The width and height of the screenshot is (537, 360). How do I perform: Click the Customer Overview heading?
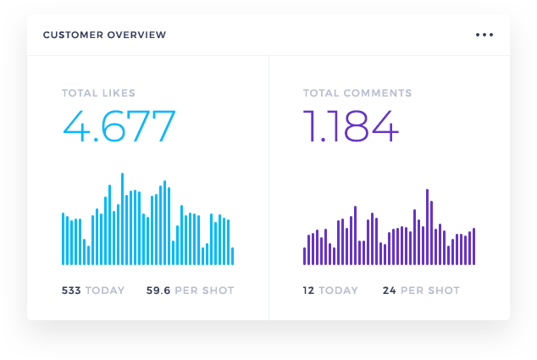(104, 36)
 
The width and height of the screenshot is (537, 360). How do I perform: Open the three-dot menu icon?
(484, 36)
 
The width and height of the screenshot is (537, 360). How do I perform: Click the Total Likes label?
(98, 93)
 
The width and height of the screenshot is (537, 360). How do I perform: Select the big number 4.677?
(119, 126)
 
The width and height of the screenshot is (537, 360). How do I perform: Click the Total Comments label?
(357, 93)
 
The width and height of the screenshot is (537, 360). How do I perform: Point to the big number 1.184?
(351, 126)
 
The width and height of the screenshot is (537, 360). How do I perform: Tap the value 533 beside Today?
(71, 291)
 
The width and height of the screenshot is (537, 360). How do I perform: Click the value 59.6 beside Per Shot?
(158, 291)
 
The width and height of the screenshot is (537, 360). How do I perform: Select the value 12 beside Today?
(309, 291)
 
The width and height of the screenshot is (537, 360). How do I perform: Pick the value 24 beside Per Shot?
(390, 291)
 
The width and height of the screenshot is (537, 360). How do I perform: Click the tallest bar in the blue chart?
(122, 219)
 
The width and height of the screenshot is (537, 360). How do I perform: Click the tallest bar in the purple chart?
(427, 227)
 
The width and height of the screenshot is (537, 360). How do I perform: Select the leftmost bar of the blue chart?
(64, 239)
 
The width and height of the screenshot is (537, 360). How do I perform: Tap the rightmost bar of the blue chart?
(232, 256)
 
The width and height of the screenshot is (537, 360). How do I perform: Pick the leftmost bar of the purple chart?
(304, 256)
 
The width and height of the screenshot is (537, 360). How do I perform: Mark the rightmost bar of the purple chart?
(473, 246)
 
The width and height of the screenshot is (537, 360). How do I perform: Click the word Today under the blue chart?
(105, 291)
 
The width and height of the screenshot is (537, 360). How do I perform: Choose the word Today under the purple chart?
(339, 291)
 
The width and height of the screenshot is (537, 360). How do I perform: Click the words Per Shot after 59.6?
(204, 291)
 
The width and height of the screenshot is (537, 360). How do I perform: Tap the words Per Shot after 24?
(430, 291)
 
